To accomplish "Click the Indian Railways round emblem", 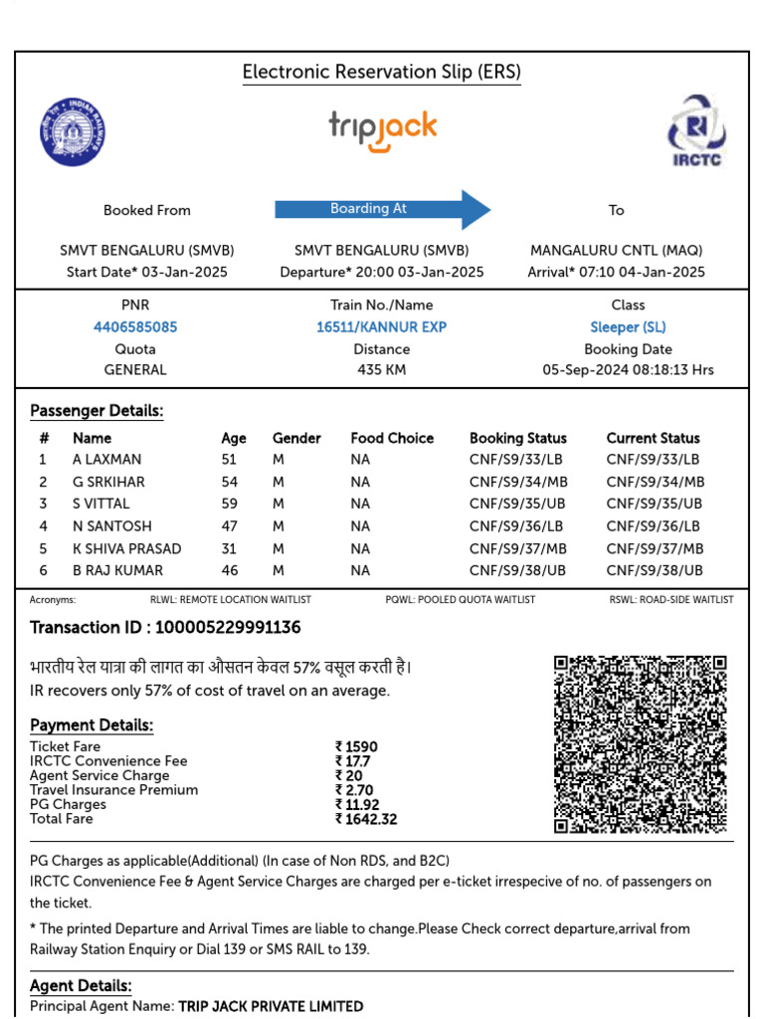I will pyautogui.click(x=73, y=132).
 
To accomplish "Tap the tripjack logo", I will pyautogui.click(x=383, y=131).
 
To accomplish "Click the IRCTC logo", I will pyautogui.click(x=696, y=130).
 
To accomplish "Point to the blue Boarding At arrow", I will pyautogui.click(x=383, y=209).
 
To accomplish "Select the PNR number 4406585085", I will pyautogui.click(x=135, y=327).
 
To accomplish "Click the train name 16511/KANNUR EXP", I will pyautogui.click(x=382, y=327).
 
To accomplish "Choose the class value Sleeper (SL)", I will pyautogui.click(x=628, y=327).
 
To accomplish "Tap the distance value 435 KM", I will pyautogui.click(x=382, y=370).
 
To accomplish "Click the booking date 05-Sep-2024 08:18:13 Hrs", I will pyautogui.click(x=628, y=370).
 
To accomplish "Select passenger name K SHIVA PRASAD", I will pyautogui.click(x=126, y=548).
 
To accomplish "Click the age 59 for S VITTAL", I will pyautogui.click(x=230, y=504).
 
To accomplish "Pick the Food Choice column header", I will pyautogui.click(x=392, y=438).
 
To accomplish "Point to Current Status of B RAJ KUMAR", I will pyautogui.click(x=655, y=570).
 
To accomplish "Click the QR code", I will pyautogui.click(x=640, y=743).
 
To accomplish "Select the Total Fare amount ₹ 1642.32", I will pyautogui.click(x=366, y=819).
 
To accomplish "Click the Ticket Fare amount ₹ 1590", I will pyautogui.click(x=356, y=746).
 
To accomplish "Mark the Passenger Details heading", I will pyautogui.click(x=96, y=411).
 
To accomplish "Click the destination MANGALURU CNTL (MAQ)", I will pyautogui.click(x=616, y=251).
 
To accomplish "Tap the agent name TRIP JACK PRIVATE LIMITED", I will pyautogui.click(x=271, y=1006).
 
